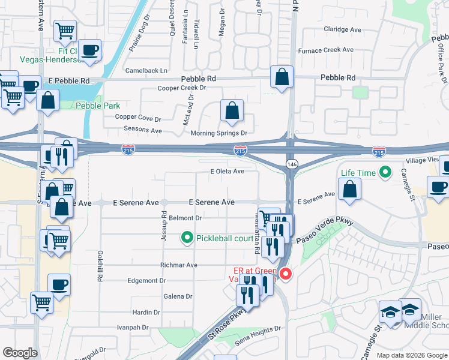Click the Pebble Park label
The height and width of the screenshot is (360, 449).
point(98,106)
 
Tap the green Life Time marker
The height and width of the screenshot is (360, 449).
point(387,173)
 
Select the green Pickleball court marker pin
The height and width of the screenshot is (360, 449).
point(187,239)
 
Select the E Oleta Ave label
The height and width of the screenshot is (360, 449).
point(227,172)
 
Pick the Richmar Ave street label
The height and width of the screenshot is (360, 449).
point(179,265)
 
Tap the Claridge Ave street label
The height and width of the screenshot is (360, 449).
point(342,29)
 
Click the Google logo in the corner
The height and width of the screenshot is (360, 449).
point(20,353)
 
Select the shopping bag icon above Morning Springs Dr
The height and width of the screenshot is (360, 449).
point(231,110)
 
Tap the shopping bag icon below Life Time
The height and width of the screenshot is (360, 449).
point(349,189)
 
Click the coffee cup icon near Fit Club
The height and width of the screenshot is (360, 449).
point(90,50)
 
